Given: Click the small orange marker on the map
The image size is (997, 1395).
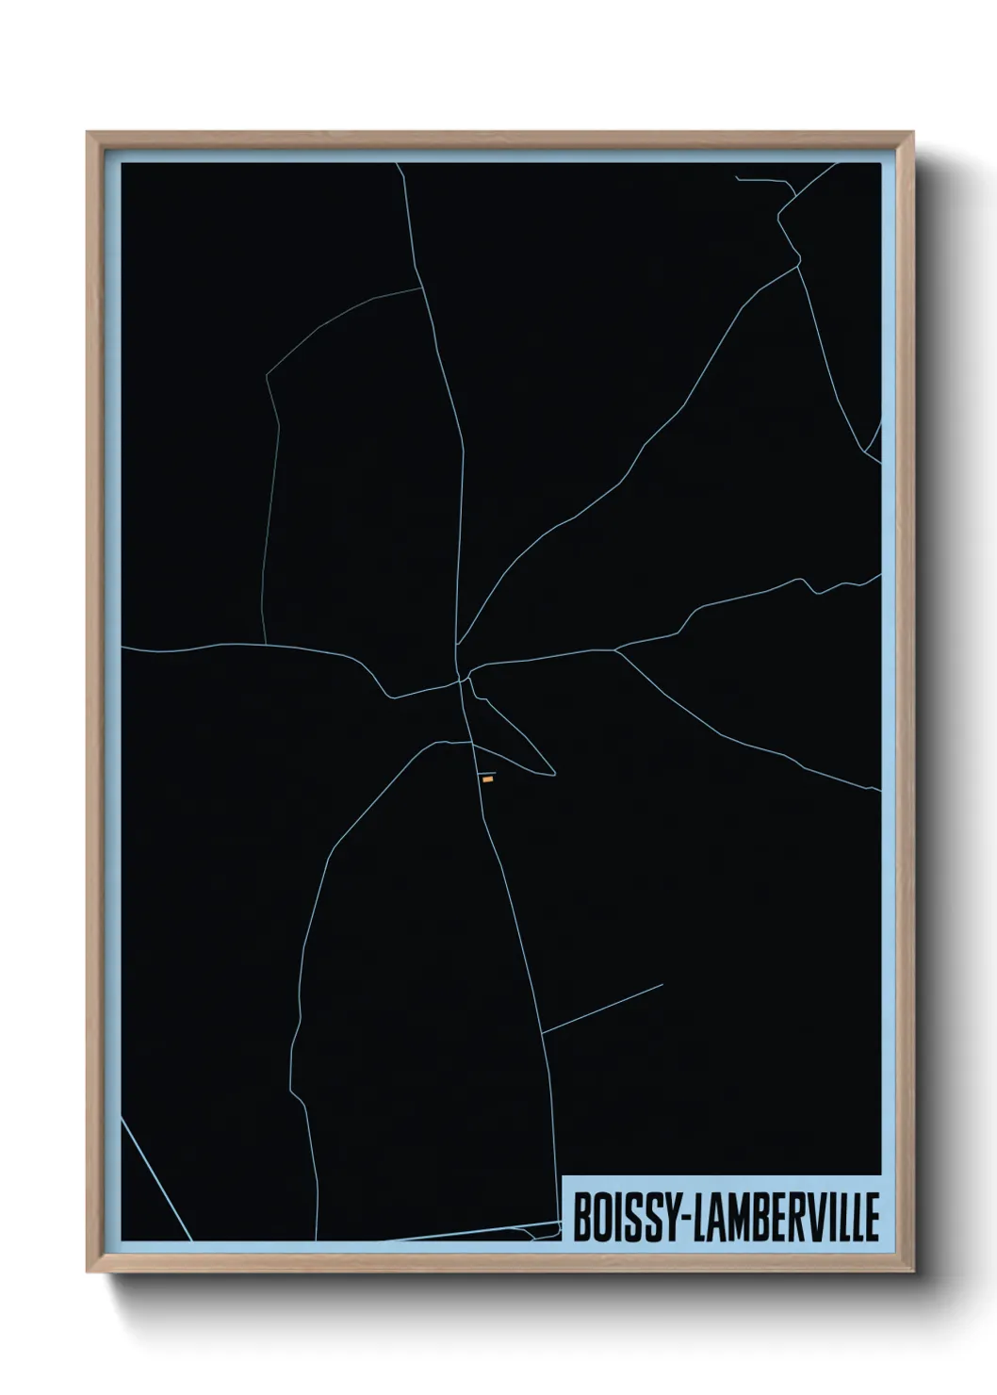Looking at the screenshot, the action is click(x=487, y=780).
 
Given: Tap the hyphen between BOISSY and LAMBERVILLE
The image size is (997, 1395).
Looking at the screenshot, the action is click(x=680, y=1220).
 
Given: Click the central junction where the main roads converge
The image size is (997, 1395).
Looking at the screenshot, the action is click(x=461, y=677).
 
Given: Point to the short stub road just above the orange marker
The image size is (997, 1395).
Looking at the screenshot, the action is click(x=486, y=772).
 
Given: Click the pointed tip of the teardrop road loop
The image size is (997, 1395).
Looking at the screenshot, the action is click(x=554, y=775).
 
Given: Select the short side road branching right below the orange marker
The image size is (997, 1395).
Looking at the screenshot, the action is click(x=603, y=1008).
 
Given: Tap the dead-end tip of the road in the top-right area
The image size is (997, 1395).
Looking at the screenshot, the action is click(x=737, y=177).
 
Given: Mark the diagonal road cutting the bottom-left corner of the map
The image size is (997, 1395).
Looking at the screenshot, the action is click(x=155, y=1178).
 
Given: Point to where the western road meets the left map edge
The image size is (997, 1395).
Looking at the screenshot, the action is click(x=123, y=648).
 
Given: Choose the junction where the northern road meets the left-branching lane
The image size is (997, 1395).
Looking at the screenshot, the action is click(x=421, y=287).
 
